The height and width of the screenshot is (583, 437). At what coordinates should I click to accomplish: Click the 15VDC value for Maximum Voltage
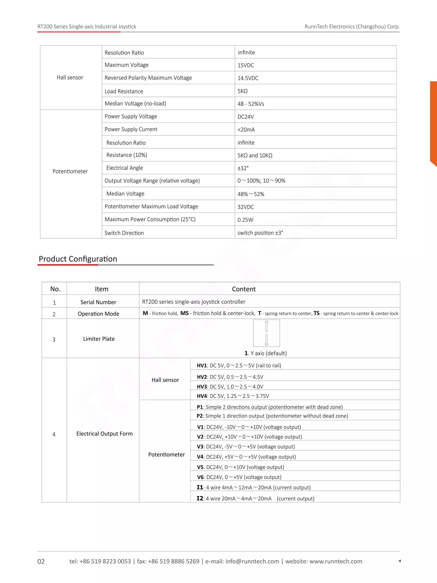click(x=246, y=65)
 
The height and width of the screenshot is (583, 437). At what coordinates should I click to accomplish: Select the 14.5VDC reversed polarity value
click(x=248, y=78)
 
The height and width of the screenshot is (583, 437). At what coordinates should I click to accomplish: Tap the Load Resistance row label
click(x=124, y=91)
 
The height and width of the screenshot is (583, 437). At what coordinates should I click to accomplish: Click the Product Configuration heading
click(x=78, y=259)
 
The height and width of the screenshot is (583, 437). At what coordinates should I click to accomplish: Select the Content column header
click(x=244, y=289)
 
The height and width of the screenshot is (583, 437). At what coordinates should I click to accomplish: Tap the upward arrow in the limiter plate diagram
click(x=266, y=326)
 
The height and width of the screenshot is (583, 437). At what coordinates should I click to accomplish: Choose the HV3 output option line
click(x=230, y=387)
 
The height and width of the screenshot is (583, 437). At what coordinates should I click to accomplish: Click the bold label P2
click(x=200, y=416)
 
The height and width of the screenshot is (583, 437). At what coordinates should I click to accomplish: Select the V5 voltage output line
click(x=240, y=467)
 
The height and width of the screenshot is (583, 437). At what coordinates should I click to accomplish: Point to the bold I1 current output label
click(x=200, y=487)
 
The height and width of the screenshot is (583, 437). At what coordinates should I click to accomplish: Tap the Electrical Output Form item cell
click(x=104, y=434)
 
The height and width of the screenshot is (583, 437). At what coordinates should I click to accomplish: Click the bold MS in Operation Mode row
click(x=184, y=313)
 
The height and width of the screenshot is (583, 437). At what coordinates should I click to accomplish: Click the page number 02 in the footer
click(x=41, y=561)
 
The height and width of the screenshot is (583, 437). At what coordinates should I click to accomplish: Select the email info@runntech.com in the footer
click(x=252, y=561)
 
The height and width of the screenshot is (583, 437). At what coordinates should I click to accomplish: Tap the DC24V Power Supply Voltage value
click(x=246, y=117)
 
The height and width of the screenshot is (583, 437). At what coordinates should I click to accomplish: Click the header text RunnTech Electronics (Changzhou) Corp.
click(x=352, y=27)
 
